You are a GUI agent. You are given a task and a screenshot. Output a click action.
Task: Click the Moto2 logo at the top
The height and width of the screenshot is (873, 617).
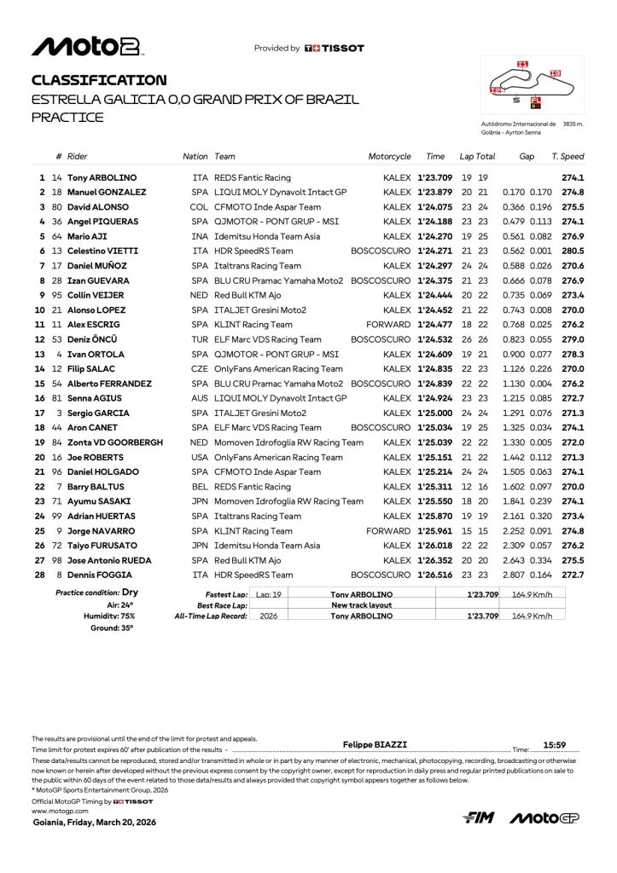[x=87, y=47]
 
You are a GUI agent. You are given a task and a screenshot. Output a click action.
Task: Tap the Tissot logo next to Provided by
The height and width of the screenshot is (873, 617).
[x=334, y=49]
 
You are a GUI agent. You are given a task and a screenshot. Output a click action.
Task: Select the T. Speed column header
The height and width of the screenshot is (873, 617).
[x=568, y=157]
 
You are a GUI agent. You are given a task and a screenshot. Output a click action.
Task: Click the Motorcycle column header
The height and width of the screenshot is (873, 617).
[x=389, y=157]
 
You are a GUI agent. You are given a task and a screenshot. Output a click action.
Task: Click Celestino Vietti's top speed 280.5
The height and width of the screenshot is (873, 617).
[x=573, y=251]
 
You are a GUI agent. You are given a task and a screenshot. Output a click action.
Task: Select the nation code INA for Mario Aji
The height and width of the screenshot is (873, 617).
[x=200, y=237]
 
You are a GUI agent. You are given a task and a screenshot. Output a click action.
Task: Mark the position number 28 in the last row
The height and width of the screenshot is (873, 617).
[x=38, y=575]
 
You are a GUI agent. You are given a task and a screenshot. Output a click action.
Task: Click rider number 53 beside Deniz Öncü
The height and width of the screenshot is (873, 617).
[x=56, y=339]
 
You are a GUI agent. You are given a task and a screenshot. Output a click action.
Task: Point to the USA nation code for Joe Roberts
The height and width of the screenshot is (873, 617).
[x=200, y=457]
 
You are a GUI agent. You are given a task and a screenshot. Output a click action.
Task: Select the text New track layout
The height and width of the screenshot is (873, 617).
[x=361, y=605]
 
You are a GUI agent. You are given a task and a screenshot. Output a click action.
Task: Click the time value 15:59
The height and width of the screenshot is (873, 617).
[x=555, y=744]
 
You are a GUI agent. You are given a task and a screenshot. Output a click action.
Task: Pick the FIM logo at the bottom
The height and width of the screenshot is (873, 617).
[x=478, y=818]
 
